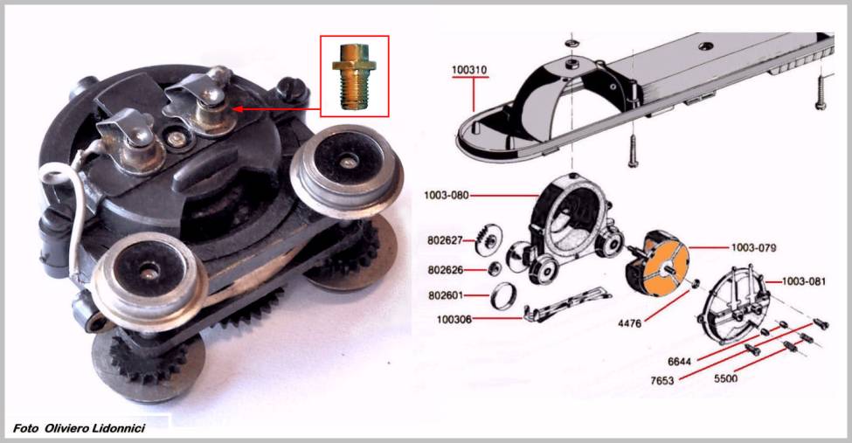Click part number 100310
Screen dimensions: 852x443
coord(469,70)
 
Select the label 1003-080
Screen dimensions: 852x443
coord(447,195)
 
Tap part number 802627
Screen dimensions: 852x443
coord(446,239)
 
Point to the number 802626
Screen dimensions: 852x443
coord(446,270)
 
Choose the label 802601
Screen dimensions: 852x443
coord(446,295)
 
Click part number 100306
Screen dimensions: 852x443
coord(454,320)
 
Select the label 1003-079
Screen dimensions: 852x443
coord(753,248)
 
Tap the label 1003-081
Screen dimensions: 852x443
coord(804,281)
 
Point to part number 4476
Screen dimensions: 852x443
coord(630,323)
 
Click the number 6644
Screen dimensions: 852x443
coord(680,362)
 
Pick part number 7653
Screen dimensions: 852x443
coord(662,380)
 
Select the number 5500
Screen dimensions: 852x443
coord(725,378)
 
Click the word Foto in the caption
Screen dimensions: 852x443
coord(25,428)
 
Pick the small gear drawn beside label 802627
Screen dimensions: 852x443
coord(488,240)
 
